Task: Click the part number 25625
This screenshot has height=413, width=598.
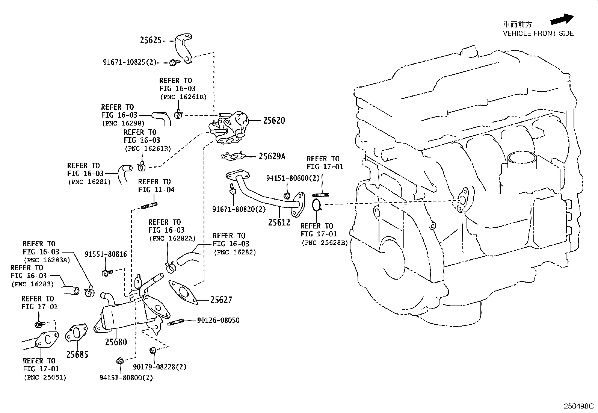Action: tap(151, 40)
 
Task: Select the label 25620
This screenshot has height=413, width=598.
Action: tap(274, 121)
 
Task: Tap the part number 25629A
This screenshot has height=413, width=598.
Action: tap(272, 156)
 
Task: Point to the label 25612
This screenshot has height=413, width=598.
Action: tap(279, 222)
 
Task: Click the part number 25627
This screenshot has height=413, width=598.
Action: tap(221, 300)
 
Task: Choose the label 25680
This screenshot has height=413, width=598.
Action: tap(116, 342)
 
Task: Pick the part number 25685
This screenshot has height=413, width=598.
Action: tap(77, 354)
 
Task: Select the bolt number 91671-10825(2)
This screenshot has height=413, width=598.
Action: tap(129, 62)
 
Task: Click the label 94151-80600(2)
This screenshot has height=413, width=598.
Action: tap(293, 179)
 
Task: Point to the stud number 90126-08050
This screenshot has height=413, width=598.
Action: tap(218, 321)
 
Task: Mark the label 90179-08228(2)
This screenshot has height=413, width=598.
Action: tap(160, 367)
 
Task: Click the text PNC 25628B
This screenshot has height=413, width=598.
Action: tap(325, 243)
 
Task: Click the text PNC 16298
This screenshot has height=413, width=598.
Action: tap(123, 123)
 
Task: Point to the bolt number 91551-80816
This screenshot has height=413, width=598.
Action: tap(106, 254)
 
